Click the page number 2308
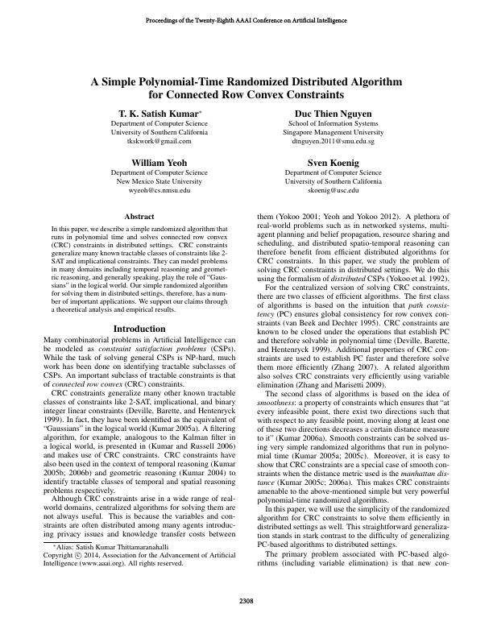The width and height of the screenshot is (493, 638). (246, 599)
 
